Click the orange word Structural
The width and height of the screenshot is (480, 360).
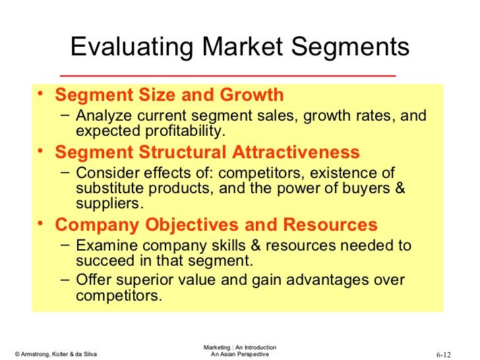175,152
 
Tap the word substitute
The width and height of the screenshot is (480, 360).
107,189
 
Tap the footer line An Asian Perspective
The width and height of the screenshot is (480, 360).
239,355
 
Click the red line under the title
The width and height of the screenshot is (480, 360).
227,75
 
